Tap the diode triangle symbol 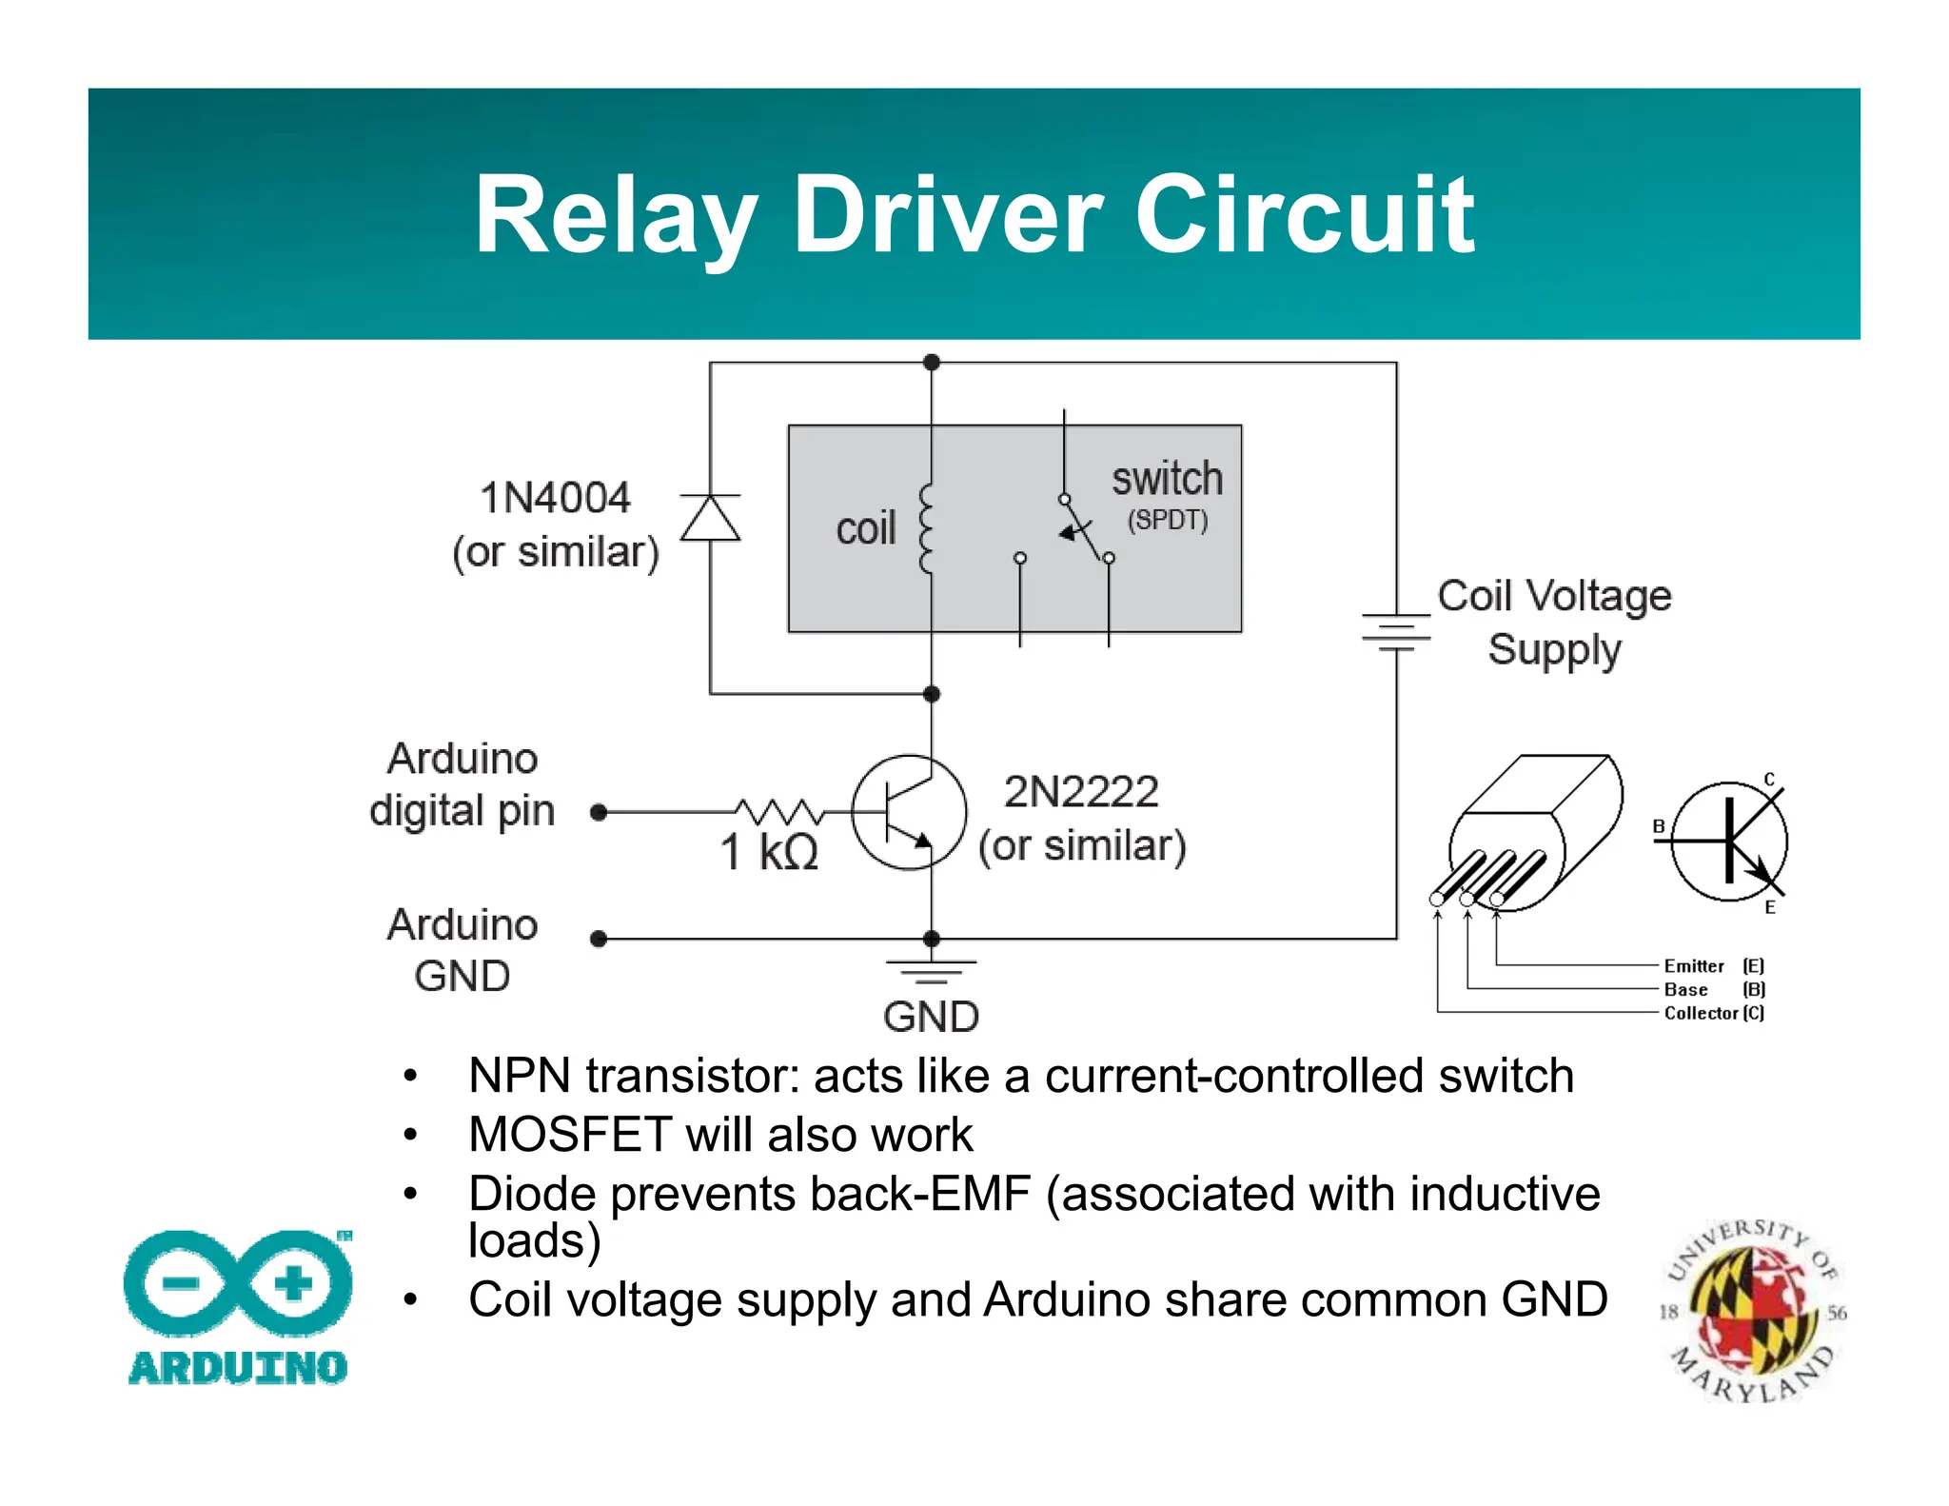pyautogui.click(x=710, y=519)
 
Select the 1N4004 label pyautogui.click(x=555, y=498)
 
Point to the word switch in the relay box pyautogui.click(x=1167, y=479)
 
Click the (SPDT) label pyautogui.click(x=1168, y=521)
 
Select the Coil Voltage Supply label pyautogui.click(x=1554, y=623)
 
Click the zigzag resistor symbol pyautogui.click(x=779, y=812)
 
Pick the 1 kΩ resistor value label pyautogui.click(x=769, y=852)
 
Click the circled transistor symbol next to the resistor pyautogui.click(x=909, y=812)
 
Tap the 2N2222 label pyautogui.click(x=1081, y=792)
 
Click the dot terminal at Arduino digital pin pyautogui.click(x=599, y=812)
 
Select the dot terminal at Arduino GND pyautogui.click(x=599, y=939)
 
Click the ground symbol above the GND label pyautogui.click(x=931, y=971)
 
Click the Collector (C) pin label pyautogui.click(x=1713, y=1013)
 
